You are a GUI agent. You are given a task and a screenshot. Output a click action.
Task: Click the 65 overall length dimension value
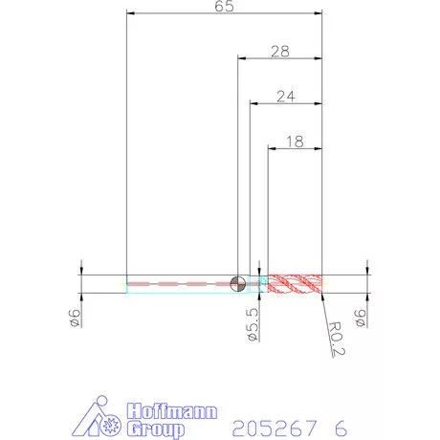tap(224, 6)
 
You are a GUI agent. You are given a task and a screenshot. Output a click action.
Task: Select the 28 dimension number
tap(280, 52)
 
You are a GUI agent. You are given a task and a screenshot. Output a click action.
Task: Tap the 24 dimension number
tap(286, 97)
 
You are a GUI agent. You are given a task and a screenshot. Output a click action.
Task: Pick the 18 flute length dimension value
tap(295, 142)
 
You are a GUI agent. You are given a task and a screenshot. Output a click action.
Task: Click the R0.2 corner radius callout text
tap(337, 339)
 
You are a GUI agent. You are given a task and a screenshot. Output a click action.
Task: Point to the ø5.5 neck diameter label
tap(253, 324)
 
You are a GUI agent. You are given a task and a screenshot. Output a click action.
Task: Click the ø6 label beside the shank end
tap(75, 318)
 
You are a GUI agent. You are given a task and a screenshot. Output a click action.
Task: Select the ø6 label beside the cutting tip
tap(361, 318)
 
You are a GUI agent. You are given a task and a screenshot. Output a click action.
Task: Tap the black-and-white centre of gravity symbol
tap(238, 283)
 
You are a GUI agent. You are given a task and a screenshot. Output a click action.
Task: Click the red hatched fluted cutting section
tap(295, 283)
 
